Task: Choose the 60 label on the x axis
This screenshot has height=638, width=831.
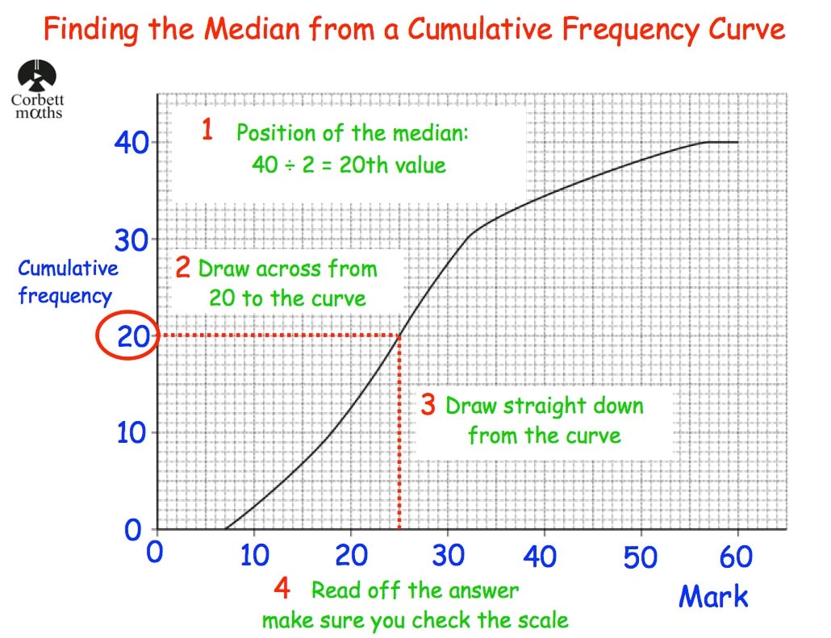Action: (x=735, y=557)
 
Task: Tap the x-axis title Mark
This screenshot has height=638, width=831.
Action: (x=713, y=597)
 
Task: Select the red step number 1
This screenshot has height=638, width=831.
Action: (x=207, y=130)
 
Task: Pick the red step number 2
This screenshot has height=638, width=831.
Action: (x=183, y=268)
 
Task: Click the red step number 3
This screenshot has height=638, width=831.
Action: (x=428, y=405)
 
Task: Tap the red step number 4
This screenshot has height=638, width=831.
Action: (x=282, y=589)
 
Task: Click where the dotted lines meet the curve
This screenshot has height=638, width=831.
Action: (x=399, y=336)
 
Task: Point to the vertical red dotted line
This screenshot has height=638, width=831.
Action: (x=399, y=436)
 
